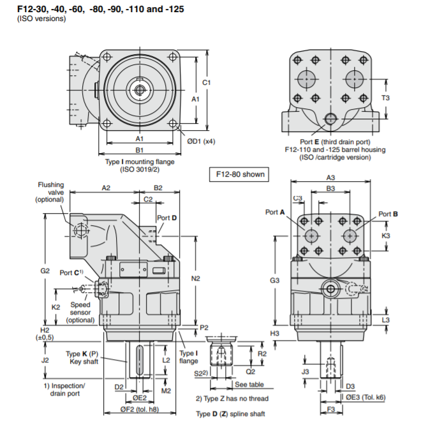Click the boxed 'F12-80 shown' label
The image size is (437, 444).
[238, 174]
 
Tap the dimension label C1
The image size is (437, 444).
[207, 83]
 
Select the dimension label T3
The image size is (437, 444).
[385, 98]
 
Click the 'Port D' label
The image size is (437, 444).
[167, 218]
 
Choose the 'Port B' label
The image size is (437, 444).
[388, 214]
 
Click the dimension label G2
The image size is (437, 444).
[45, 270]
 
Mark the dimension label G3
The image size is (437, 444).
[274, 281]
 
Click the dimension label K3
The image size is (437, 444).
[385, 235]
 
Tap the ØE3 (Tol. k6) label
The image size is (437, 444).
[366, 397]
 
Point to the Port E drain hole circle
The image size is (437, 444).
[331, 119]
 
